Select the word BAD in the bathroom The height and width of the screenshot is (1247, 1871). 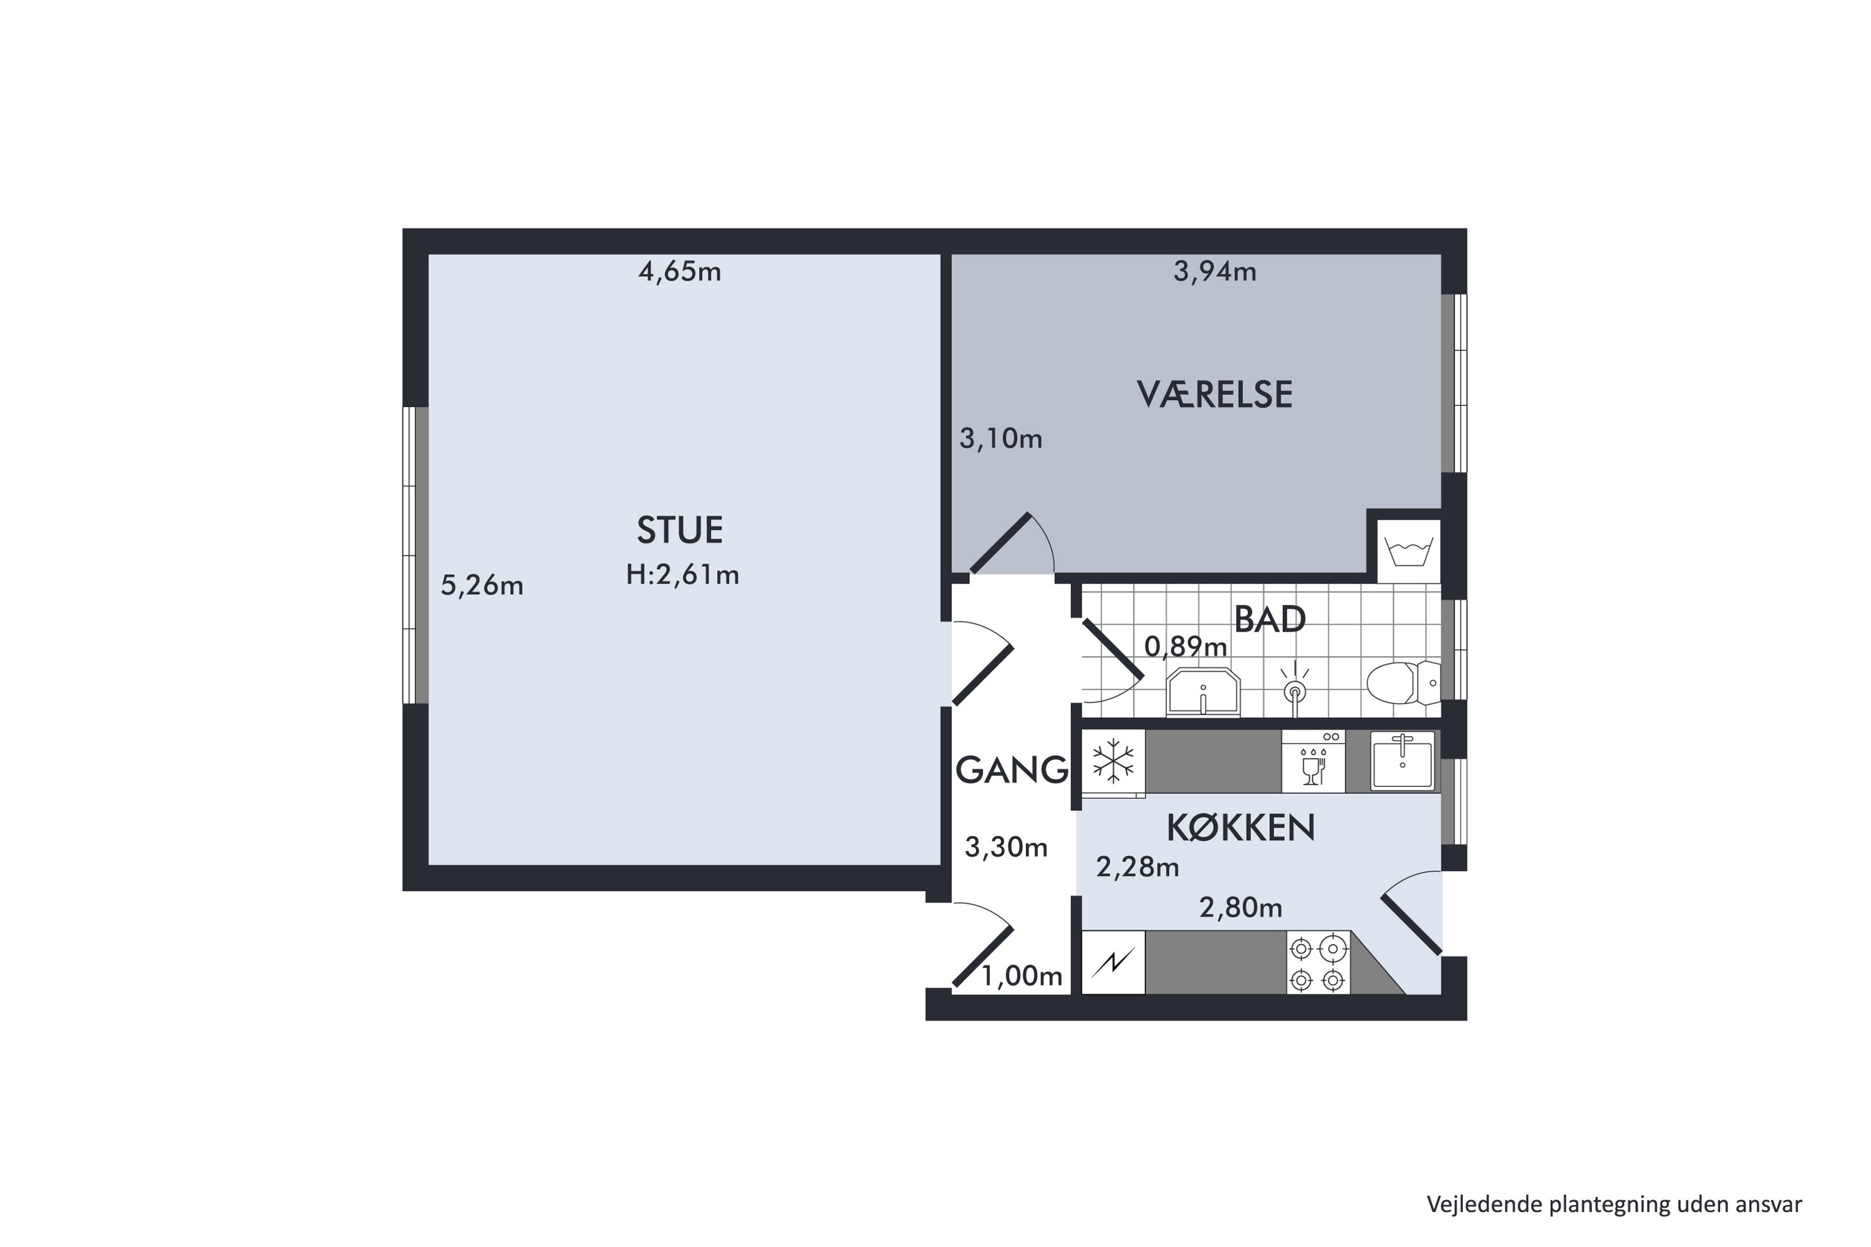(x=1270, y=620)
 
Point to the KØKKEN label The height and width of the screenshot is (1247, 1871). (x=1240, y=829)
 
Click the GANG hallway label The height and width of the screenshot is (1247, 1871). (x=1011, y=770)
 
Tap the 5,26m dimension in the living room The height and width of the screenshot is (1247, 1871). (x=481, y=586)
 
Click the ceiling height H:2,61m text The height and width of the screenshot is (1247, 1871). (x=682, y=575)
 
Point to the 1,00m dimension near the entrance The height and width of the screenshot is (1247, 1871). (x=1022, y=976)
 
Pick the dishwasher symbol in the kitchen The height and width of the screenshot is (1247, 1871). (x=1313, y=762)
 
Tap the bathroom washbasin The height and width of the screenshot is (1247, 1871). (x=1203, y=692)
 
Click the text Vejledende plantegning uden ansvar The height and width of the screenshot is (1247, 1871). (x=1613, y=1205)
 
